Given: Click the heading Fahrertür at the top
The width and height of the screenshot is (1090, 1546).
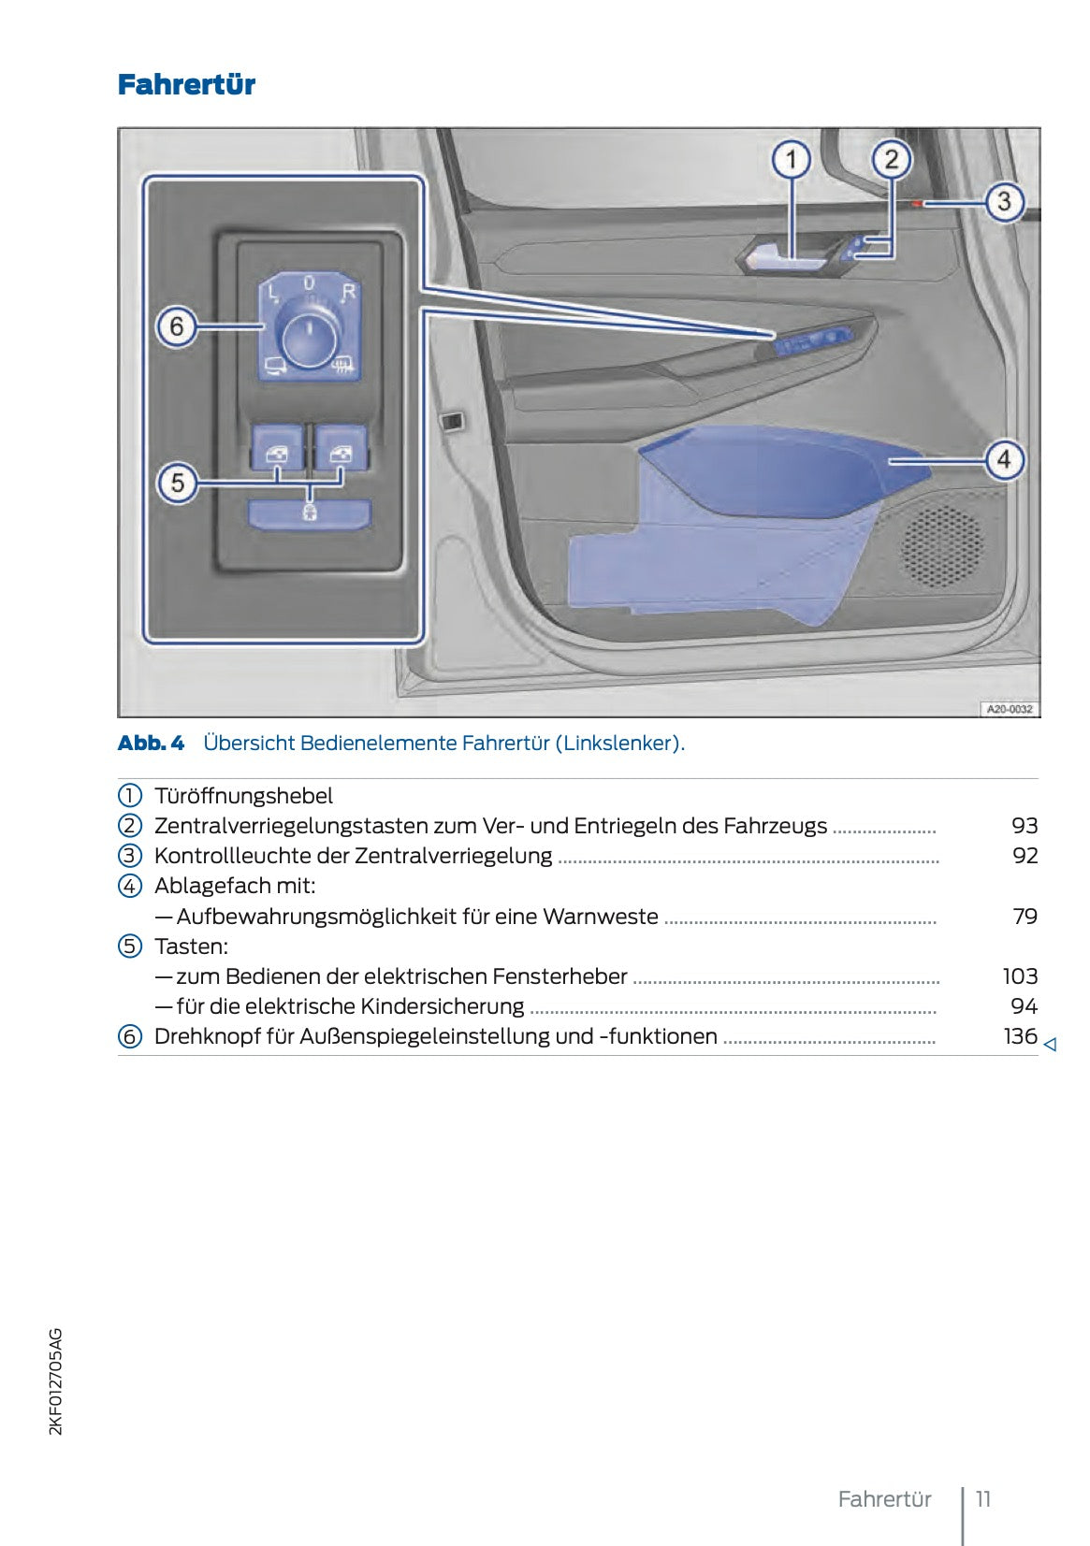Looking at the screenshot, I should pos(186,85).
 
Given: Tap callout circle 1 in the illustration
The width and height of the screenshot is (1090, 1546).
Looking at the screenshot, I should pos(791,160).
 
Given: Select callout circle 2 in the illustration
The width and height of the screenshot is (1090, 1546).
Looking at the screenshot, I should pos(891,160).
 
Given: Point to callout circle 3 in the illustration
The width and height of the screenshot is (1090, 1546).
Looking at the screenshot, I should pos(1004,201).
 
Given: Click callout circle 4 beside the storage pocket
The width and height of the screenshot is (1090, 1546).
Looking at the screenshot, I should pos(1004,459).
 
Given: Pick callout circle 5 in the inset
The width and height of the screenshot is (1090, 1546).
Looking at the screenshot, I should pos(177,483).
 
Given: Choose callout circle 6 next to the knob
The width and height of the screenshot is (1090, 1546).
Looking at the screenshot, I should pos(177,327).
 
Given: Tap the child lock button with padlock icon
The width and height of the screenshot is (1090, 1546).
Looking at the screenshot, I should pos(309,513).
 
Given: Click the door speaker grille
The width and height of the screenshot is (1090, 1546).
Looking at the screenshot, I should pos(942,546).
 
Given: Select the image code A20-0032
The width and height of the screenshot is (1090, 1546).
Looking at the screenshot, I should pos(1010,709).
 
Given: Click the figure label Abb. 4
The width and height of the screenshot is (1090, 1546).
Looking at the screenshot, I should pos(151,744).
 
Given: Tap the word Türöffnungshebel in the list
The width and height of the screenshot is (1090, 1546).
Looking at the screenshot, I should pos(243,796).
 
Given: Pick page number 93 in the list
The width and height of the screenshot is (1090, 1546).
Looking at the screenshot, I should pos(1025,826).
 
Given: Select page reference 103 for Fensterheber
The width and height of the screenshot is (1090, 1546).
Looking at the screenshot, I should pos(1020,976).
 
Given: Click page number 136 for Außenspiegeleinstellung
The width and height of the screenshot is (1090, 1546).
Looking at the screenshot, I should pos(1020,1036).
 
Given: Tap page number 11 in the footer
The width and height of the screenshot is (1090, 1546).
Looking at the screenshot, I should pos(983,1499).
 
